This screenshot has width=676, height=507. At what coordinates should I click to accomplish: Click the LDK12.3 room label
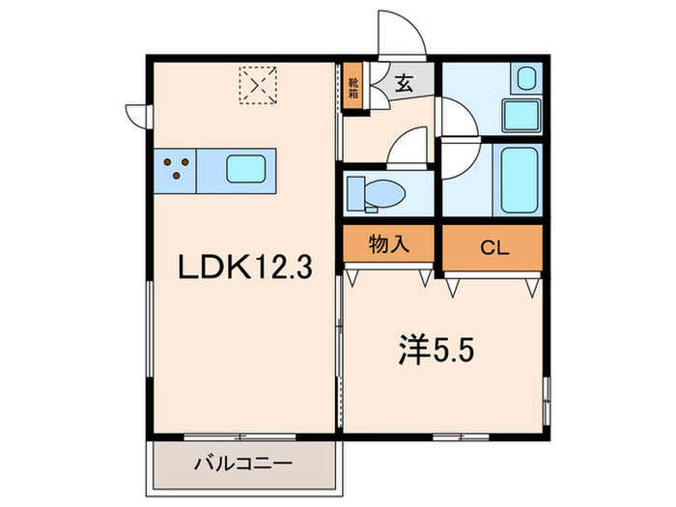(x=242, y=268)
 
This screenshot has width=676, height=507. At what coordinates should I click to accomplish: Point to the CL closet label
(x=493, y=247)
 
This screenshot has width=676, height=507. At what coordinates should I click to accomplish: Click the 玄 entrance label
(x=404, y=84)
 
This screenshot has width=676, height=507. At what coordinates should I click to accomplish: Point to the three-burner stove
(x=175, y=170)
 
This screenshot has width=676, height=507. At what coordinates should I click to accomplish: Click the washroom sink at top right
(x=526, y=79)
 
